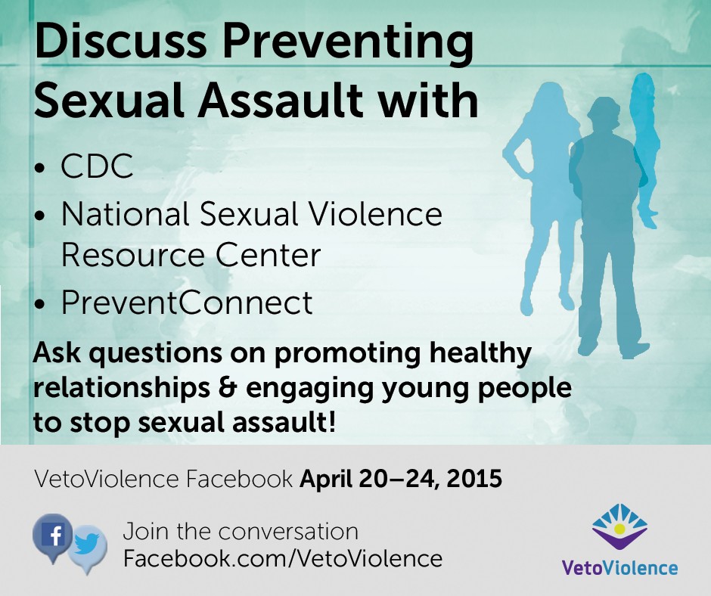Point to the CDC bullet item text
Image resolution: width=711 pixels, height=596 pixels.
(97, 166)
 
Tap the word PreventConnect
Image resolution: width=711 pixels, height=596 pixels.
(187, 302)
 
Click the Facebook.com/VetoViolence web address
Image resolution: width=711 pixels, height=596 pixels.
(282, 558)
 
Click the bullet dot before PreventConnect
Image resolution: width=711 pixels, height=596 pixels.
(40, 304)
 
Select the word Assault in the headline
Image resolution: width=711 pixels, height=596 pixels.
(280, 101)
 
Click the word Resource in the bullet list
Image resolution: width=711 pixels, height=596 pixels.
(133, 256)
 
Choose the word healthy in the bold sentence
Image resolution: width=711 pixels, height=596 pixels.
(480, 354)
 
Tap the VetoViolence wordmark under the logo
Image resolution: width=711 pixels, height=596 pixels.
(619, 567)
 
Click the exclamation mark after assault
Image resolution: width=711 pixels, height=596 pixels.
(331, 422)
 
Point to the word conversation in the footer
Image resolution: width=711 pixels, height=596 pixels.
(288, 532)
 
